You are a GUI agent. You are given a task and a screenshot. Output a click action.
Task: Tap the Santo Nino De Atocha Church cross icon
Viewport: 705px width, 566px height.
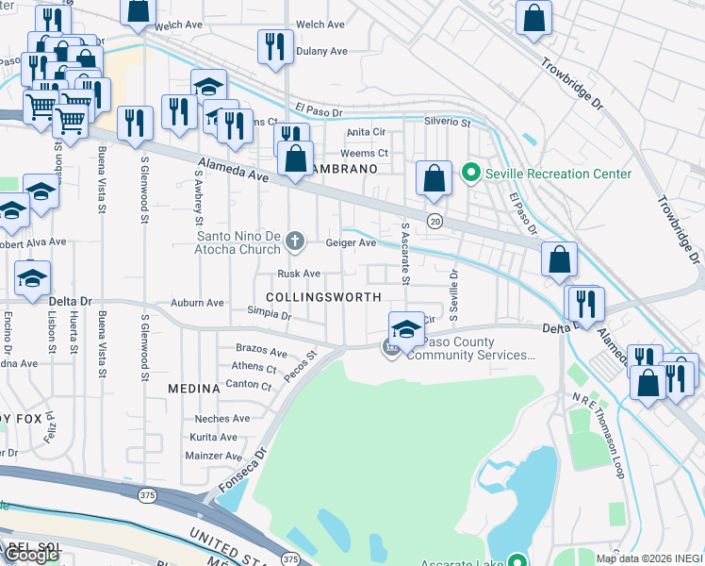(295, 242)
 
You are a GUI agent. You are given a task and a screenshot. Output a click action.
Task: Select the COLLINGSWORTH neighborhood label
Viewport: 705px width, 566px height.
(323, 296)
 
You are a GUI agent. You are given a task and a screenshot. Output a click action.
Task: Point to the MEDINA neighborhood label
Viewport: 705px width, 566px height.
(194, 388)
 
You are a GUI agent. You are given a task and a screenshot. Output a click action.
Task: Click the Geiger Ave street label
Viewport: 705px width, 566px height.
(351, 242)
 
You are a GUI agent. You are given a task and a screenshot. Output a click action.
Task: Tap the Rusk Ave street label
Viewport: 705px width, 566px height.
(299, 274)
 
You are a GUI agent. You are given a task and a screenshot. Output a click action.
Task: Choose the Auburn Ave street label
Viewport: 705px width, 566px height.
(197, 303)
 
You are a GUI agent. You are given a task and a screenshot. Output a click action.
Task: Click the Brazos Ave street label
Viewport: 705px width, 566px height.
(261, 350)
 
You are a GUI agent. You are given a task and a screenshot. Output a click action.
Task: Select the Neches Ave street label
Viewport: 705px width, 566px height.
(221, 419)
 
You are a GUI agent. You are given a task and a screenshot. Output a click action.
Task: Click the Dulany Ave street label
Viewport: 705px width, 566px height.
(321, 51)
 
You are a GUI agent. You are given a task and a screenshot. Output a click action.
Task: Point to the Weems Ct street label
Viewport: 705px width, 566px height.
(364, 153)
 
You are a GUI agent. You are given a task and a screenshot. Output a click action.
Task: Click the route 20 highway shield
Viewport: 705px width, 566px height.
(434, 220)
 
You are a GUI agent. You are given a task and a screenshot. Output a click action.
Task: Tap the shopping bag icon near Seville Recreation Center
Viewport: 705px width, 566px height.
(433, 177)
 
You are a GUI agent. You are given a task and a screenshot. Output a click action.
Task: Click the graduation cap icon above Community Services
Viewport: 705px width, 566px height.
(406, 328)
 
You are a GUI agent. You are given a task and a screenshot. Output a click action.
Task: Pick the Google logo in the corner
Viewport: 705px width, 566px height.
(31, 555)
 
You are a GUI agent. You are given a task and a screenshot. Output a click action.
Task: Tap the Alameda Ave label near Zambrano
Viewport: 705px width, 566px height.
(233, 175)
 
